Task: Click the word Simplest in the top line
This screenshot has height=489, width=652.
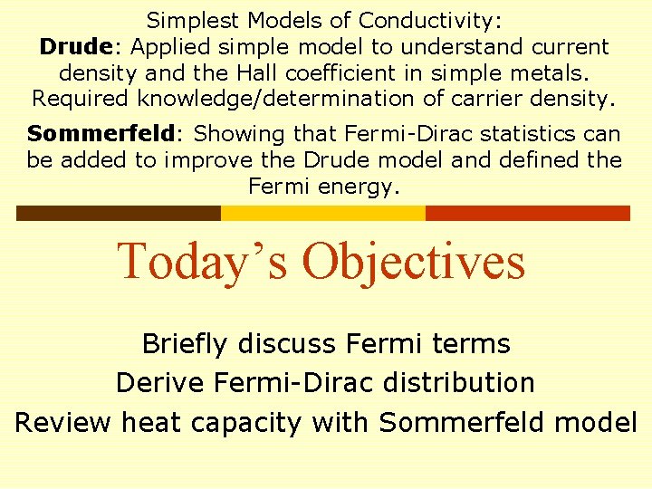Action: point(189,20)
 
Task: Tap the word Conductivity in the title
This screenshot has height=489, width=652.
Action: point(431,20)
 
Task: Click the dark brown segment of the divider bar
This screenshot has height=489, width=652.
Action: point(119,213)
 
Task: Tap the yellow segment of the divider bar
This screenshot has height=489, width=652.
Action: point(323,213)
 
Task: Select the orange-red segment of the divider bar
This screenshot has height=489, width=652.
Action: point(527,213)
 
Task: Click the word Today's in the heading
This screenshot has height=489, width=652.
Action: point(205,261)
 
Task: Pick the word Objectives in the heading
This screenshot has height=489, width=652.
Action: point(413,261)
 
